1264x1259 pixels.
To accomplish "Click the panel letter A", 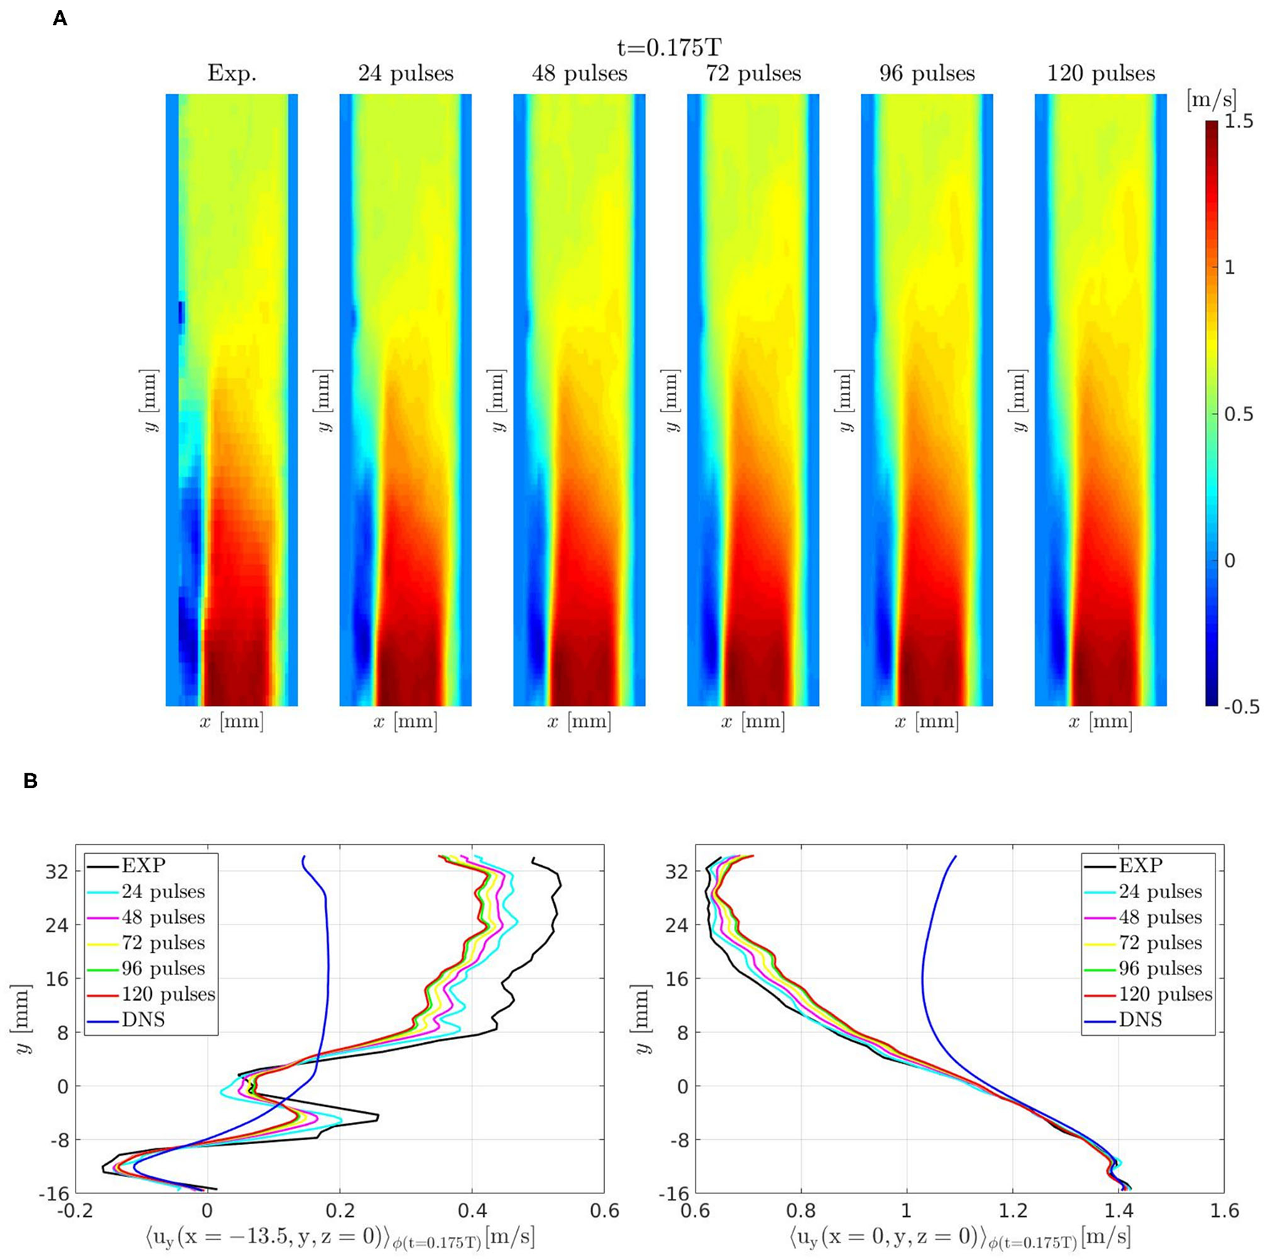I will click(60, 19).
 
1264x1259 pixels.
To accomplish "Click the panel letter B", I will click(30, 781).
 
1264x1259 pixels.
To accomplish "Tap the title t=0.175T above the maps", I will click(669, 48).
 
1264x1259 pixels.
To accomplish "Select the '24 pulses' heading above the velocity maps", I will click(405, 73).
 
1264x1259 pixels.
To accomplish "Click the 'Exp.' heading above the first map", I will click(232, 73).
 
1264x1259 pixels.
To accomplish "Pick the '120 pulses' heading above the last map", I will click(1101, 73).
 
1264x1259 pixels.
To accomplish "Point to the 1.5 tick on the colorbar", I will click(1238, 122).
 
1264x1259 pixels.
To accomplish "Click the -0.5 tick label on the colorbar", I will click(1241, 707).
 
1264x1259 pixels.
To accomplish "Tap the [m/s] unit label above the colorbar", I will click(1211, 100).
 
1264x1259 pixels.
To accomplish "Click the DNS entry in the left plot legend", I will click(143, 1020).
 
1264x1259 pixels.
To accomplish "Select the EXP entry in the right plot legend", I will click(1141, 866).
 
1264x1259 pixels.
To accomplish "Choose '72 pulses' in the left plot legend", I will click(163, 943).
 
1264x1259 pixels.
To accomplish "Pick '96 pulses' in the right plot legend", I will click(1160, 969).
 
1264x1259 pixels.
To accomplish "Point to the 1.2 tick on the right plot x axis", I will click(1012, 1210).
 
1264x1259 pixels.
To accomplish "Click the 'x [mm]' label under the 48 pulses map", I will click(579, 722).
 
